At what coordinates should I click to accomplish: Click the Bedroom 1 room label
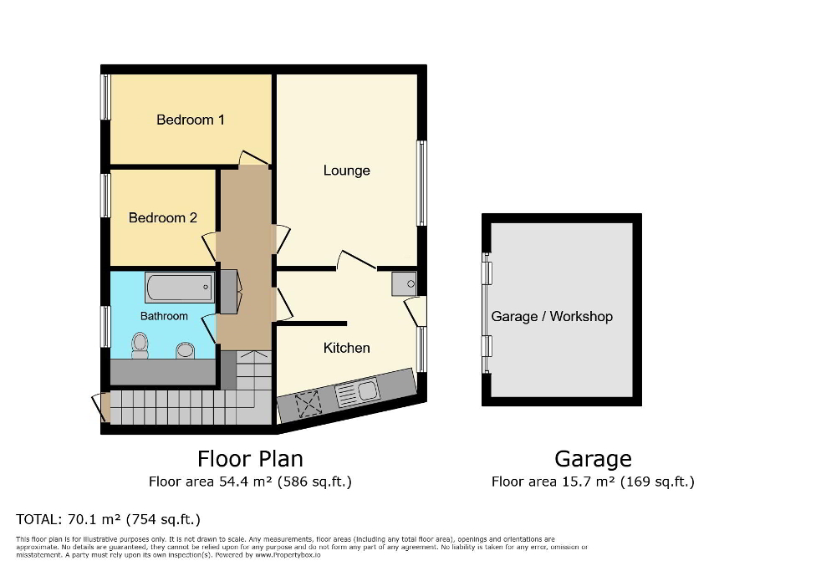tap(190, 120)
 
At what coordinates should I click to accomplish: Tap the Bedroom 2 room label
tap(162, 217)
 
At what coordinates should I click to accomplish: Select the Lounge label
tap(346, 171)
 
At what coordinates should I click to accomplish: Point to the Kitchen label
tap(346, 348)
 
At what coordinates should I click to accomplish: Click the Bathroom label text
tap(164, 316)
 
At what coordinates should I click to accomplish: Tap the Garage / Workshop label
tap(552, 316)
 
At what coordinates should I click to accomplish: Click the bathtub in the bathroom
tap(179, 288)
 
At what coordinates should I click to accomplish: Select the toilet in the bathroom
tap(140, 344)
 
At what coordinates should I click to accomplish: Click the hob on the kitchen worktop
tap(307, 404)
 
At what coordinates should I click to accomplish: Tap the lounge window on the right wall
tap(422, 183)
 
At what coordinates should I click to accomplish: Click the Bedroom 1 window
tap(106, 97)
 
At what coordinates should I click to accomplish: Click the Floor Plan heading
tap(250, 458)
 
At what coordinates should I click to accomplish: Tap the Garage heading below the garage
tap(593, 458)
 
